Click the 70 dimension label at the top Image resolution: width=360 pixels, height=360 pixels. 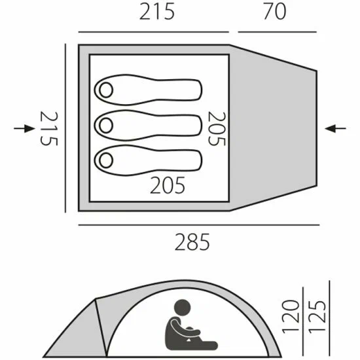click(275, 11)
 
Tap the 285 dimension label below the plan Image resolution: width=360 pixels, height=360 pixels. click(192, 242)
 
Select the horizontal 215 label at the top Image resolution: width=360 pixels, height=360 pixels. click(157, 12)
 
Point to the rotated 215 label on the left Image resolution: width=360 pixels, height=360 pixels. click(49, 128)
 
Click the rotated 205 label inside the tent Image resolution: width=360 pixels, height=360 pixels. click(217, 128)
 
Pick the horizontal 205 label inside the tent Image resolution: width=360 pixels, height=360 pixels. click(168, 185)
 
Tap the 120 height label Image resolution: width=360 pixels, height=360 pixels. click(291, 316)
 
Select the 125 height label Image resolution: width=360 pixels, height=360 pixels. click(317, 316)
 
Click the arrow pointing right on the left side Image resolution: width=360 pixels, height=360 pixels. click(24, 128)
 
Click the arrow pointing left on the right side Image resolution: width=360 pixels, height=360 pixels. click(335, 128)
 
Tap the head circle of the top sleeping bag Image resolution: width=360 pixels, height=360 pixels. click(106, 90)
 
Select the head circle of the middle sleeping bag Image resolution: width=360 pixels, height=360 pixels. click(106, 126)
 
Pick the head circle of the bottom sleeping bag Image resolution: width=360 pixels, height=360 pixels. click(106, 160)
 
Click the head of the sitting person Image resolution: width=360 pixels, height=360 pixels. click(183, 308)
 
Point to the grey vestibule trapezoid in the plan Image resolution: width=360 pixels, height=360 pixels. click(273, 128)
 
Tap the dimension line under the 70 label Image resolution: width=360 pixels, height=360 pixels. click(278, 32)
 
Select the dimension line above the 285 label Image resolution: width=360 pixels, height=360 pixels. click(199, 225)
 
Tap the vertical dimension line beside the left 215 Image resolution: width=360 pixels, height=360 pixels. click(65, 128)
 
